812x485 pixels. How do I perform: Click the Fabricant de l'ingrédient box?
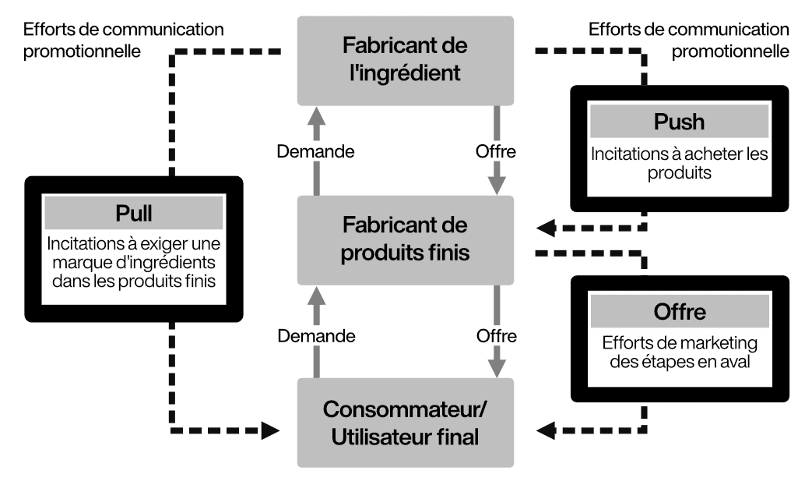(406, 60)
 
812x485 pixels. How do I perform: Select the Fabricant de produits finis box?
(406, 239)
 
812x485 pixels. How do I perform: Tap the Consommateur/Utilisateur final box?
(406, 423)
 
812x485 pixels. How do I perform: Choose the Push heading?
(679, 122)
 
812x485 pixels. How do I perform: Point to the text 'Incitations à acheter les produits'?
(679, 163)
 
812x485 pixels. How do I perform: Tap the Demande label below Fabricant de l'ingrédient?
(316, 150)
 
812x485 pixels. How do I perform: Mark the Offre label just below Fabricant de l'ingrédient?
(495, 150)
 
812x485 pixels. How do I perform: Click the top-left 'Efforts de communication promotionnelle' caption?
(125, 41)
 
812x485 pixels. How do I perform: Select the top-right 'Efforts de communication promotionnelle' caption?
(689, 41)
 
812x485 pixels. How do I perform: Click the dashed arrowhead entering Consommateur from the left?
(270, 430)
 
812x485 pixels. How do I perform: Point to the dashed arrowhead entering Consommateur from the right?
(547, 429)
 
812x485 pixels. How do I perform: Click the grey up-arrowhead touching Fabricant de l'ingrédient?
(315, 118)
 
